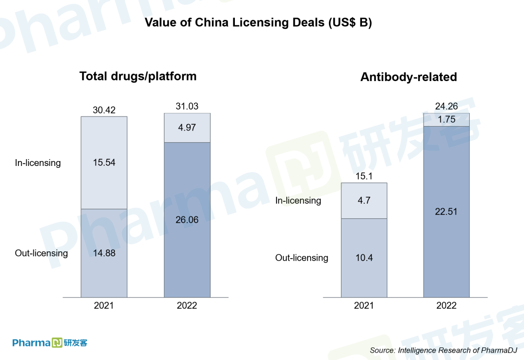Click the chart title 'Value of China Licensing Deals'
258,23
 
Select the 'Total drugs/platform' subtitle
138,76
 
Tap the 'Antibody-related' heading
409,77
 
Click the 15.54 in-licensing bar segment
104,163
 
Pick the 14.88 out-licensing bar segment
104,253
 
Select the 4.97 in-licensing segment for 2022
187,128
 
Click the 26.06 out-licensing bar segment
187,220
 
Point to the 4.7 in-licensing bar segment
364,200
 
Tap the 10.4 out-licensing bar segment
364,258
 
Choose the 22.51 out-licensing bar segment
446,212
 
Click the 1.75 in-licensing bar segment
446,119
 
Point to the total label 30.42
104,110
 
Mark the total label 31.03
187,107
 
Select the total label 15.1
364,177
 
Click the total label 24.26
446,107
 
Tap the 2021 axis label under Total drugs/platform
104,306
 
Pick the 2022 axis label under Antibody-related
446,306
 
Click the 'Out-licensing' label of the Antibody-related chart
302,258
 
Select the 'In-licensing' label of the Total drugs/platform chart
38,163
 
